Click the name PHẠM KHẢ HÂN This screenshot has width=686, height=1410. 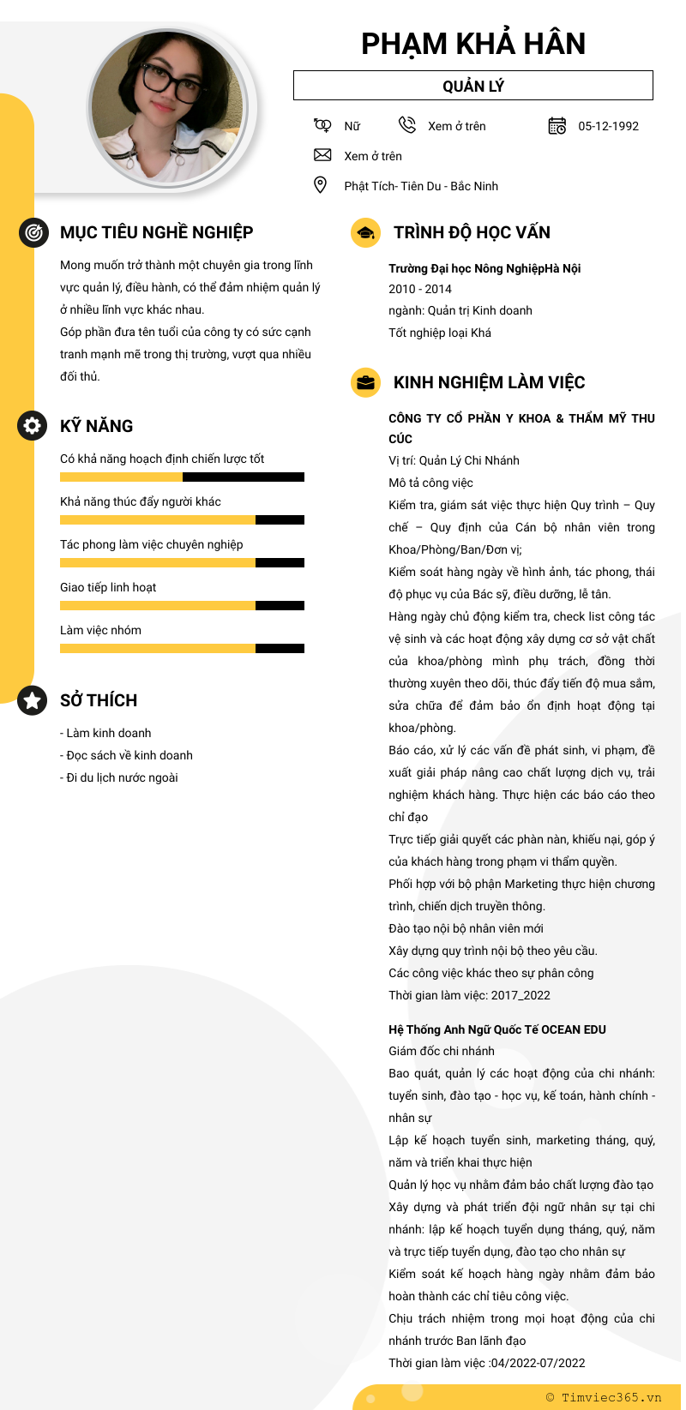coord(473,44)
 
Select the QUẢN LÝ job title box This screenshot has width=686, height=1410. coord(473,86)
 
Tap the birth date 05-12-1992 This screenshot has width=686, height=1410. coord(608,126)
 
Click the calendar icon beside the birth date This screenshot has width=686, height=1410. coord(557,126)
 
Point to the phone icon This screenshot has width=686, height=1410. coord(407,126)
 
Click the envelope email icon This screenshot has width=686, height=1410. coord(322,155)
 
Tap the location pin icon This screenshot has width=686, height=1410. coord(321,185)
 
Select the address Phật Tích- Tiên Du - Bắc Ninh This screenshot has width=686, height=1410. coord(421,186)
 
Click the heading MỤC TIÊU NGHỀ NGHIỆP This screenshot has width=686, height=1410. coord(156,232)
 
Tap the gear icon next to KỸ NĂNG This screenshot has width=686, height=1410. coord(33,426)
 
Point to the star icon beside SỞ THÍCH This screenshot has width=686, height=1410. coord(33,700)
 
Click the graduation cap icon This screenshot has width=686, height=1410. coord(366,232)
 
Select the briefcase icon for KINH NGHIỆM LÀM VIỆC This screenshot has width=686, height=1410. coord(366,382)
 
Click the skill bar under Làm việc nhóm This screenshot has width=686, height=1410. coord(182,648)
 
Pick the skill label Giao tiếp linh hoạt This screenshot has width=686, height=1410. coord(108,587)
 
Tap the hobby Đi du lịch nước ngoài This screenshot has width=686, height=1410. coord(119,777)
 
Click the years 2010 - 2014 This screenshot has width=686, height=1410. coord(420,289)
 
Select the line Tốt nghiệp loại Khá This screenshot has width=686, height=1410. coord(440,333)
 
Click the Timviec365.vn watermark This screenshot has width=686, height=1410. coord(604,1397)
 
